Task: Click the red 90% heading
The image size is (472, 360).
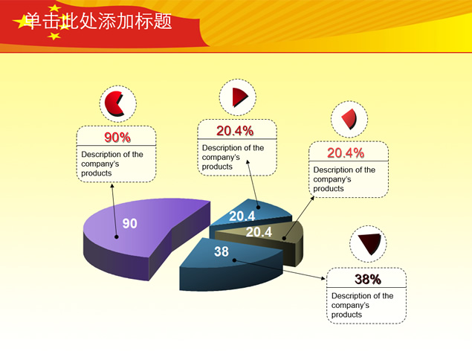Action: pyautogui.click(x=117, y=138)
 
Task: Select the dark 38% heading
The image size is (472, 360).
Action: pyautogui.click(x=368, y=279)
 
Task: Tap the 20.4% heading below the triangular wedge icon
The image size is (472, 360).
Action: pyautogui.click(x=235, y=131)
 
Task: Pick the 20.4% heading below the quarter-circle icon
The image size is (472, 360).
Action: pyautogui.click(x=346, y=152)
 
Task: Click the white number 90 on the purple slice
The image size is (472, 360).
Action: pyautogui.click(x=130, y=223)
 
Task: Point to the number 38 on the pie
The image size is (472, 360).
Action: pyautogui.click(x=222, y=251)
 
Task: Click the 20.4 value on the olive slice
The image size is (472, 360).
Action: pyautogui.click(x=259, y=231)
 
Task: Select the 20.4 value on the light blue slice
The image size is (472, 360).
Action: pyautogui.click(x=242, y=216)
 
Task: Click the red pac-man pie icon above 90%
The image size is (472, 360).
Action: pyautogui.click(x=114, y=103)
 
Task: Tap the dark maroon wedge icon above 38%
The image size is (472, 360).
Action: pyautogui.click(x=369, y=243)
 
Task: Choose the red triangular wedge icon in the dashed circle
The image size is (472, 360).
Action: pyautogui.click(x=240, y=97)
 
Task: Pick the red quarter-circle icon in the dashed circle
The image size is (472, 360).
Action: pyautogui.click(x=349, y=119)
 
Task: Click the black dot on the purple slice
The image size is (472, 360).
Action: pyautogui.click(x=117, y=237)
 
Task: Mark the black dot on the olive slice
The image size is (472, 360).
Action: pyautogui.click(x=284, y=238)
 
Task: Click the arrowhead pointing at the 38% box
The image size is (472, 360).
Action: pyautogui.click(x=323, y=278)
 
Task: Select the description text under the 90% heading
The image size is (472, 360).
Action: pyautogui.click(x=112, y=164)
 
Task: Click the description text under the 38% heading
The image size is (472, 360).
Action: pyautogui.click(x=363, y=305)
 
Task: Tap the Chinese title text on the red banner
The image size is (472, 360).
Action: pyautogui.click(x=98, y=21)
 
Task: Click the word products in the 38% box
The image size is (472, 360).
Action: pyautogui.click(x=346, y=315)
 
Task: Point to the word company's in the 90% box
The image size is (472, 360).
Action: pyautogui.click(x=100, y=164)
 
